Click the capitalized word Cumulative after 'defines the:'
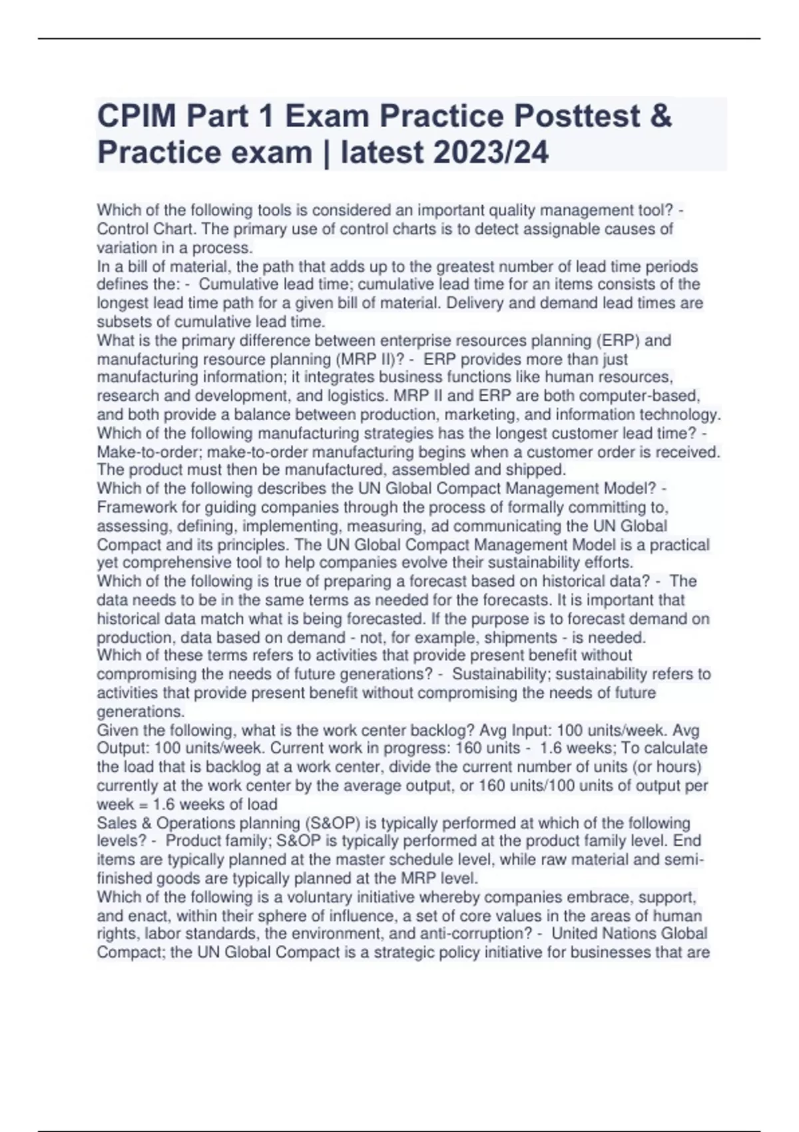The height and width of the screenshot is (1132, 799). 237,284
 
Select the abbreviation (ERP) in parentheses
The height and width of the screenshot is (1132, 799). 617,340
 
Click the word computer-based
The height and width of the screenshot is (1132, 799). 640,396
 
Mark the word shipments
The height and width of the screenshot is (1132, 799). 522,637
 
